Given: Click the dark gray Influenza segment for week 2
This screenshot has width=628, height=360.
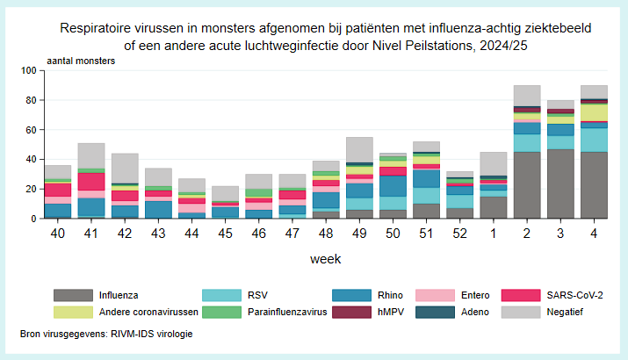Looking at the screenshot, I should point(526,185).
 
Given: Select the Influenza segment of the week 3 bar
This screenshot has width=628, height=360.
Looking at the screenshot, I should point(560,184).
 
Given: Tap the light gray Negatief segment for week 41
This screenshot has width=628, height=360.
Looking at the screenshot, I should point(91,155).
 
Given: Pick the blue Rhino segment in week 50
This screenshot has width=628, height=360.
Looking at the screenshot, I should point(393,186).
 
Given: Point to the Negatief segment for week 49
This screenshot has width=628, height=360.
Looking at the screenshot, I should point(359,149).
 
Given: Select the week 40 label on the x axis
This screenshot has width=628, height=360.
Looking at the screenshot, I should point(58,234).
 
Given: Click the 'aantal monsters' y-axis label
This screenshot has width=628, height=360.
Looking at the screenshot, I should point(79,61).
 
